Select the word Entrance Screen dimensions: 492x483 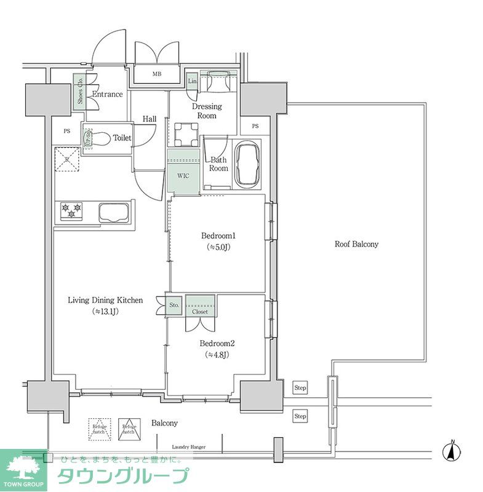(107, 94)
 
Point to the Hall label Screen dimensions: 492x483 (149, 119)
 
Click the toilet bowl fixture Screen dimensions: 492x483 (101, 139)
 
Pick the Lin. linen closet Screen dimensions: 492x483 (192, 81)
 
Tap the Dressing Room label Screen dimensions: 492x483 (207, 111)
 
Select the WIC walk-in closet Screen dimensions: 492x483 (184, 176)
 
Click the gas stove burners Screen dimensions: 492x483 (72, 212)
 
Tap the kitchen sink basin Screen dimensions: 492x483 (113, 213)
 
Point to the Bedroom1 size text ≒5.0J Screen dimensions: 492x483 (219, 247)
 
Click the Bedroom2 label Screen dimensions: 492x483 (218, 344)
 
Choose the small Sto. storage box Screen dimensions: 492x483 (174, 305)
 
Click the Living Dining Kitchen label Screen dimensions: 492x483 (105, 301)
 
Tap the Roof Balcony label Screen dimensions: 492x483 (356, 244)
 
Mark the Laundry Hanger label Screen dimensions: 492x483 (189, 447)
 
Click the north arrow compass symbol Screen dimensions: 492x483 (452, 451)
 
